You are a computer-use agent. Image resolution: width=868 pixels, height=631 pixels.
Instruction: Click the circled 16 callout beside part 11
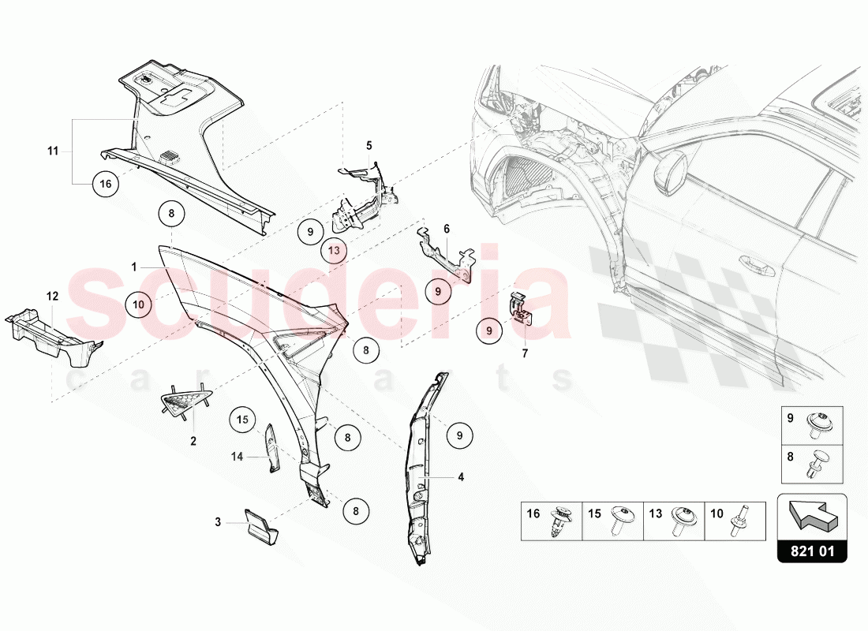click(105, 183)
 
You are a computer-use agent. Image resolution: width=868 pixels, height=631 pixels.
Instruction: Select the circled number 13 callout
click(334, 250)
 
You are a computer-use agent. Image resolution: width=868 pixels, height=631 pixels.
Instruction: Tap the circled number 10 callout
click(138, 304)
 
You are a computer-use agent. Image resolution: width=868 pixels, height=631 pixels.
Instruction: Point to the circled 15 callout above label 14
click(242, 420)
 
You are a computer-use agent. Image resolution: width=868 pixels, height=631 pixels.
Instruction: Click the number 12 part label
click(52, 297)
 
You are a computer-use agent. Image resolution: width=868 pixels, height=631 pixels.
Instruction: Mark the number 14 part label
click(237, 457)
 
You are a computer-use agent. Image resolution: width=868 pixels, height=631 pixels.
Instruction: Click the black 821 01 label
click(812, 552)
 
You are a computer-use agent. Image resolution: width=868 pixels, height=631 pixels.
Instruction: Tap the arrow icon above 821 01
click(812, 513)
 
